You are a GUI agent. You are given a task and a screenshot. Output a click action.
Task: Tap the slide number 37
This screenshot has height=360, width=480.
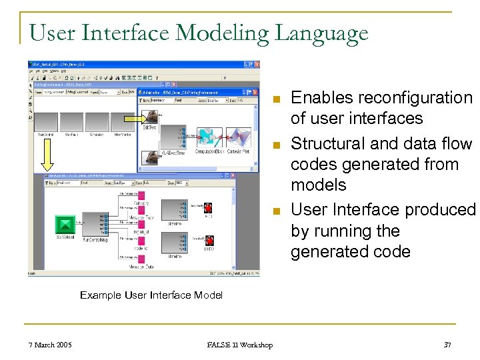point(447,345)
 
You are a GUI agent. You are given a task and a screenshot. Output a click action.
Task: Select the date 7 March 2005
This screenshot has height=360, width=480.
point(51,345)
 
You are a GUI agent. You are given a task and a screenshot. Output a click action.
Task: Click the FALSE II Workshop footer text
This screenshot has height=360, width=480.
point(240,345)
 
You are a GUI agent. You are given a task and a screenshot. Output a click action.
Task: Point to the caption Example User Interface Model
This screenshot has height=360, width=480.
point(151,295)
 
